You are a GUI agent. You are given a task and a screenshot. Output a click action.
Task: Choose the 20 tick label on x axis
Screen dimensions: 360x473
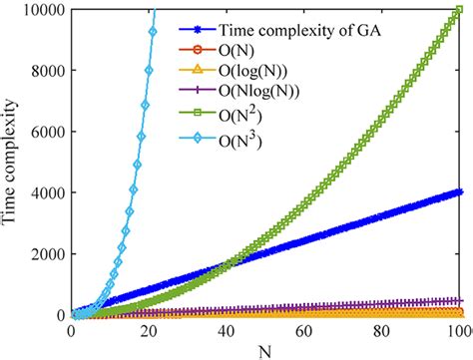150,330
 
